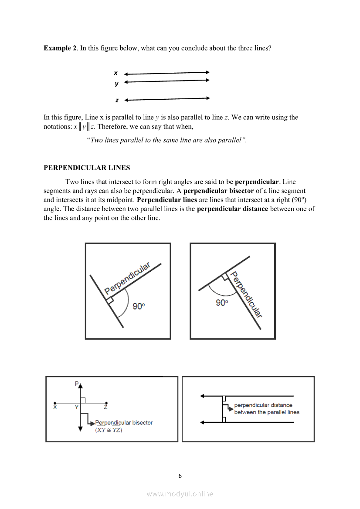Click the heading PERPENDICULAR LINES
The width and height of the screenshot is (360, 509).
tap(87, 168)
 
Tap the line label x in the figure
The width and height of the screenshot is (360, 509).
tap(115, 73)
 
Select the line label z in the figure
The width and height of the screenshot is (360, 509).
tap(117, 100)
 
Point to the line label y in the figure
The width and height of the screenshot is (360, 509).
tap(116, 84)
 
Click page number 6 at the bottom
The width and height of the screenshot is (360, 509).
tap(180, 475)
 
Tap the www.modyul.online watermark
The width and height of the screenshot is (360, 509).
tap(180, 494)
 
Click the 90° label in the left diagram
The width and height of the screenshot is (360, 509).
tap(139, 307)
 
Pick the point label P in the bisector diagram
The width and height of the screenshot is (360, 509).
tap(77, 384)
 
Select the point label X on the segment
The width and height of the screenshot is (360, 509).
tap(55, 408)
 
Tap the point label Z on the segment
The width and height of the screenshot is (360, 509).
tap(106, 408)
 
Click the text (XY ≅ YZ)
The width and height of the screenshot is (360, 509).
tap(109, 430)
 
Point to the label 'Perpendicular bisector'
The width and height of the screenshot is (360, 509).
tap(124, 422)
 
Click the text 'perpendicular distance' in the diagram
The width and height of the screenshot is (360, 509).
tap(263, 405)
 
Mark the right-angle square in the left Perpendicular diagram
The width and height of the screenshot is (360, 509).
tap(110, 300)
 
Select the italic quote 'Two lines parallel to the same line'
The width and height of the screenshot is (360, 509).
tap(144, 140)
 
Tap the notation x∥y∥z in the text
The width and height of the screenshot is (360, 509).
tap(84, 127)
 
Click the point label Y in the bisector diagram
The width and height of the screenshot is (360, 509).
tap(76, 408)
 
